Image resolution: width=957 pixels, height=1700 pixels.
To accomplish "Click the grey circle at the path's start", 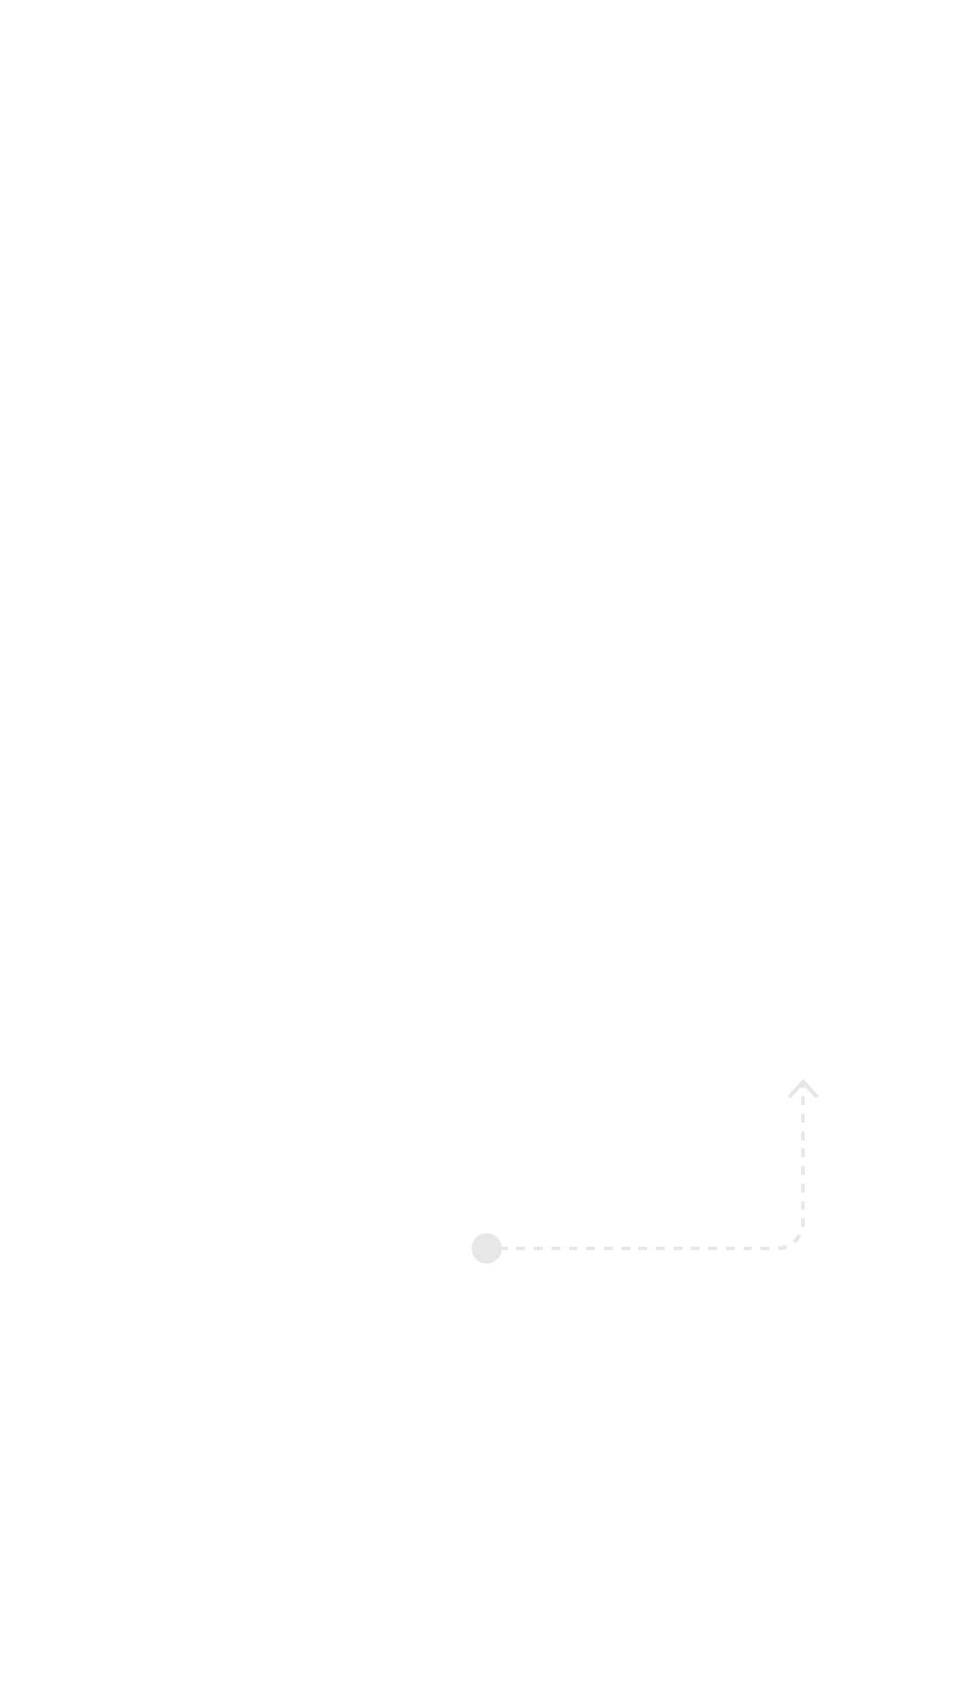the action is click(486, 1248).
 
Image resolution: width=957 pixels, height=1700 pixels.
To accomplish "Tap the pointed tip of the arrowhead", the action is click(803, 1080).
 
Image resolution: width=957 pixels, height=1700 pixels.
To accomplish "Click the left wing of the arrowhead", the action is click(792, 1093).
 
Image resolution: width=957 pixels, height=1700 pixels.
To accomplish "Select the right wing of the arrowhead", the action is click(814, 1093).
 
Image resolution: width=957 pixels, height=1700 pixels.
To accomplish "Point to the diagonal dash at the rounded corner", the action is click(797, 1239).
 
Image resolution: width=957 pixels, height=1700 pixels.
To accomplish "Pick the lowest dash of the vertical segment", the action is click(803, 1223).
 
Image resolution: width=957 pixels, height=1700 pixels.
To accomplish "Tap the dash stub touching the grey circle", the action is click(505, 1248).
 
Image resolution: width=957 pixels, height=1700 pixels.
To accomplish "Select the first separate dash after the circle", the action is click(521, 1248).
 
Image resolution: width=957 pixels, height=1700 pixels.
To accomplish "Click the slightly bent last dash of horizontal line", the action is click(783, 1248).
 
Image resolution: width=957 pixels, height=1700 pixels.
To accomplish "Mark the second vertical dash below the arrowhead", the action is click(803, 1118).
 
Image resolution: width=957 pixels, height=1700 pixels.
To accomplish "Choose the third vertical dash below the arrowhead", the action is click(803, 1136).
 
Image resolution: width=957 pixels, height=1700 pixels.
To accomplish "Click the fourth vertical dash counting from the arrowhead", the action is click(803, 1153).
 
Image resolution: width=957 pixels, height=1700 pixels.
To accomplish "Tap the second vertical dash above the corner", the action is click(803, 1205).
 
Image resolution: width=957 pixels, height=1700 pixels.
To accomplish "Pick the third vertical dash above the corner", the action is click(803, 1188).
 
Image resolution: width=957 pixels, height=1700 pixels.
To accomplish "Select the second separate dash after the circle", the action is click(538, 1248).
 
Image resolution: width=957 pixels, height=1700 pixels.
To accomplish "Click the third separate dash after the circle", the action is click(556, 1248).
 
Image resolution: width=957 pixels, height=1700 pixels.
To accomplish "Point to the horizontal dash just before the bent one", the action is click(765, 1248).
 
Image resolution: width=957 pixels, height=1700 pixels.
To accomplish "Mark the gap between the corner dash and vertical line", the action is click(802, 1231).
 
